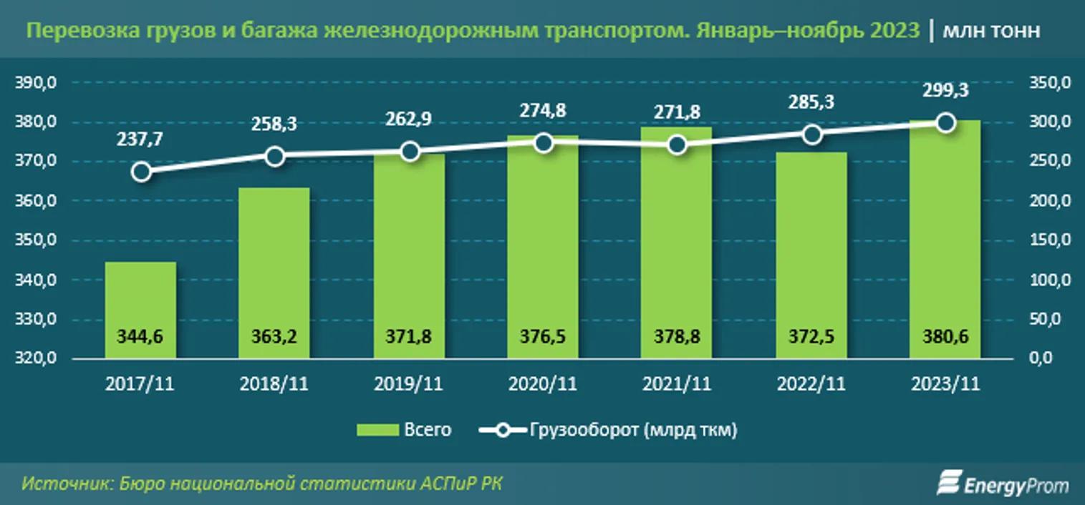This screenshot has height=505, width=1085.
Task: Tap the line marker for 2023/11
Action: [x=945, y=123]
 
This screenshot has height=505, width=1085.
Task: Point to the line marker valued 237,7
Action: [x=141, y=172]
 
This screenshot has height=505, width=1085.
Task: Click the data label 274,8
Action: [x=544, y=112]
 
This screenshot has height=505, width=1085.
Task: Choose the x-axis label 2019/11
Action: [x=409, y=384]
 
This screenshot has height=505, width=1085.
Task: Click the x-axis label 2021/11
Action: [x=677, y=384]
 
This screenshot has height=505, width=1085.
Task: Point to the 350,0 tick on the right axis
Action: [x=1049, y=84]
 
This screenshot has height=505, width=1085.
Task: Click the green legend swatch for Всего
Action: [x=377, y=430]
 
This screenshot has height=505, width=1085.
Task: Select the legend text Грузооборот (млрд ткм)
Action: [x=634, y=430]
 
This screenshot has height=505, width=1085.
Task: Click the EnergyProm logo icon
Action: [x=949, y=483]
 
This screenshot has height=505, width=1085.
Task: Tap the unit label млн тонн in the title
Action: [x=992, y=31]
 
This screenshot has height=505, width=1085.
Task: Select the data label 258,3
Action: [x=275, y=125]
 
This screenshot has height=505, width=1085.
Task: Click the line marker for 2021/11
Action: [x=677, y=145]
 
